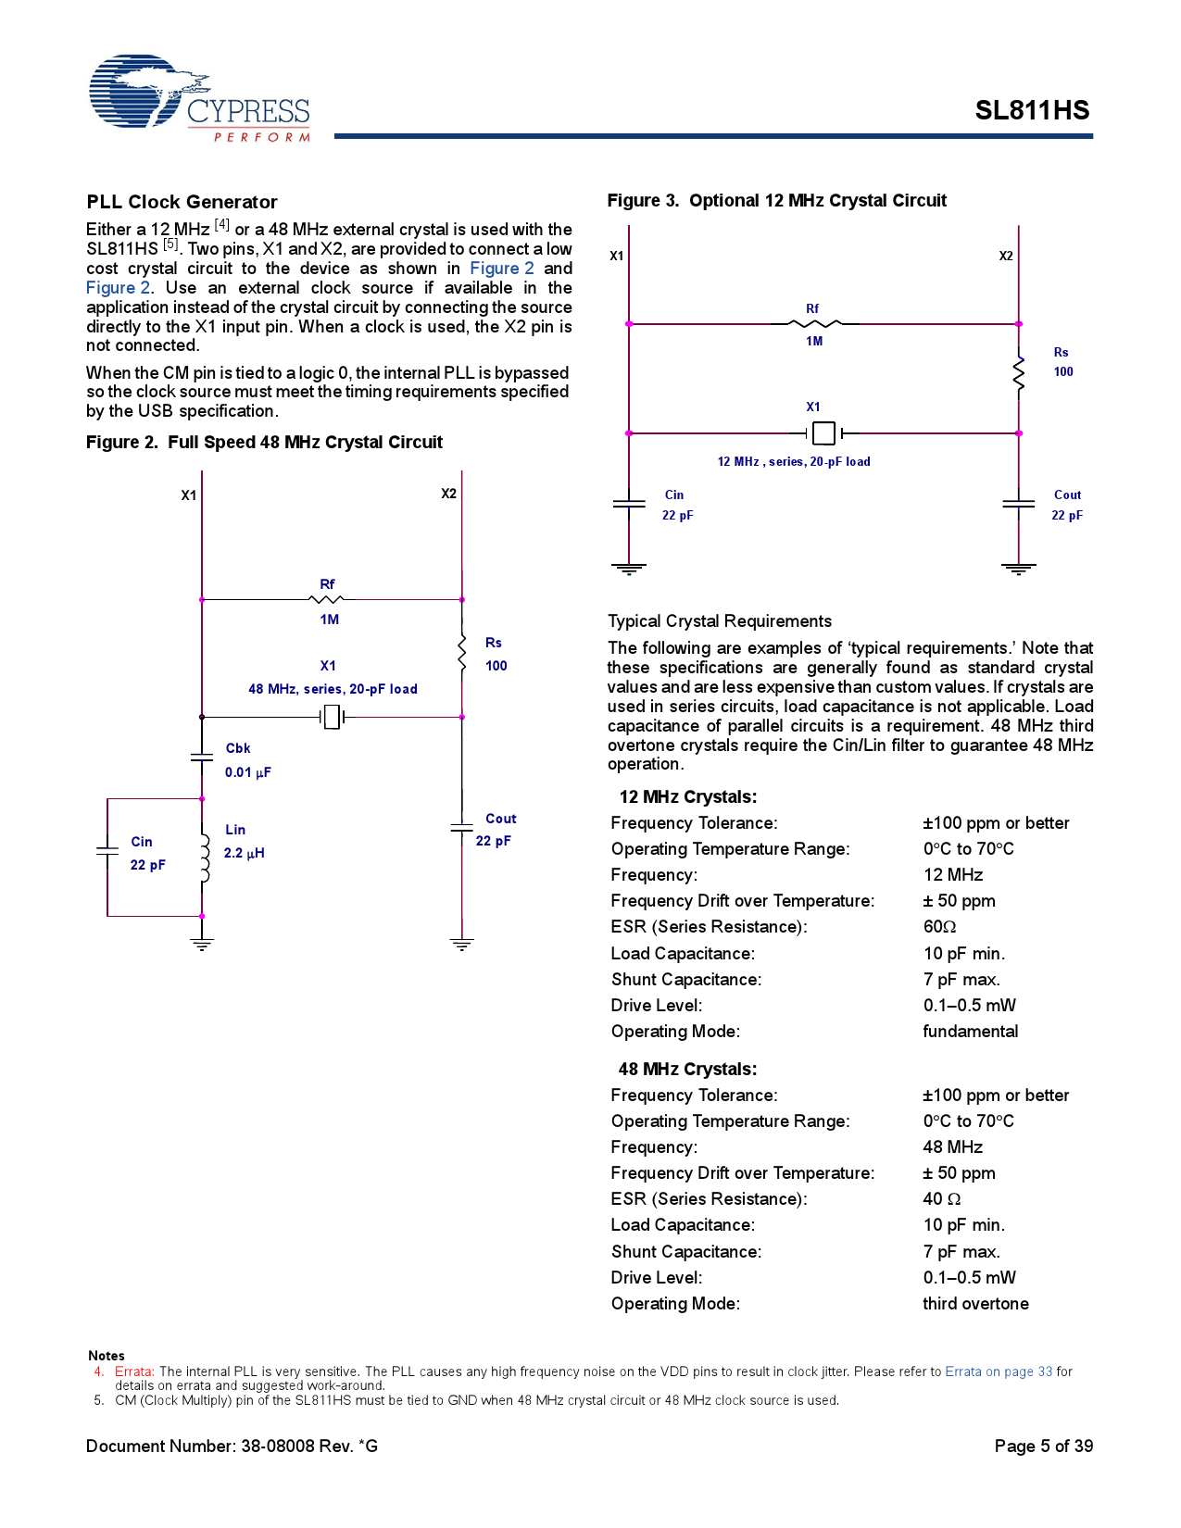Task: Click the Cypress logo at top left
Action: pyautogui.click(x=198, y=98)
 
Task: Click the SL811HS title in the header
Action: pyautogui.click(x=1031, y=111)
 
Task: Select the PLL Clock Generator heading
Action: pyautogui.click(x=182, y=202)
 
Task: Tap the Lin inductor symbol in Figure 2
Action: pyautogui.click(x=204, y=858)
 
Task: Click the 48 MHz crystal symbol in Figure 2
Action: pyautogui.click(x=332, y=717)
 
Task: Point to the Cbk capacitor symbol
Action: pyautogui.click(x=202, y=758)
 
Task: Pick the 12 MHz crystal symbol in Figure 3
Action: pyautogui.click(x=823, y=432)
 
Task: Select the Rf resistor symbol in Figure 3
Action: pyautogui.click(x=814, y=324)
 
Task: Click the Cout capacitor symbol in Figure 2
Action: pyautogui.click(x=461, y=826)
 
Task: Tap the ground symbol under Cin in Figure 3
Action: pyautogui.click(x=629, y=569)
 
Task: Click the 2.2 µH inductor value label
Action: pyautogui.click(x=244, y=853)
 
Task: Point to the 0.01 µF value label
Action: pyautogui.click(x=247, y=772)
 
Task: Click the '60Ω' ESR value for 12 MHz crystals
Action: pyautogui.click(x=939, y=927)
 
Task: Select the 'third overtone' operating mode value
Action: pyautogui.click(x=974, y=1304)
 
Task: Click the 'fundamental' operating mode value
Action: pyautogui.click(x=970, y=1032)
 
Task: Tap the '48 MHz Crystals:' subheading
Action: pyautogui.click(x=687, y=1070)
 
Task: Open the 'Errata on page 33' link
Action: pyautogui.click(x=998, y=1371)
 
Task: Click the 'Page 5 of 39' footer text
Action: pyautogui.click(x=1043, y=1447)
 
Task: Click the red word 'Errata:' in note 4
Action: pyautogui.click(x=134, y=1371)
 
